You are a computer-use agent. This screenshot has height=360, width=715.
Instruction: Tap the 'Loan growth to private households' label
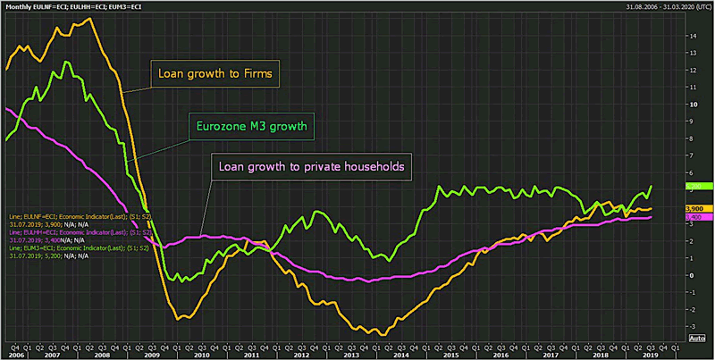click(x=307, y=165)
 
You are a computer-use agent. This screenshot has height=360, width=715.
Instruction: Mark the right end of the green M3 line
click(x=652, y=186)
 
